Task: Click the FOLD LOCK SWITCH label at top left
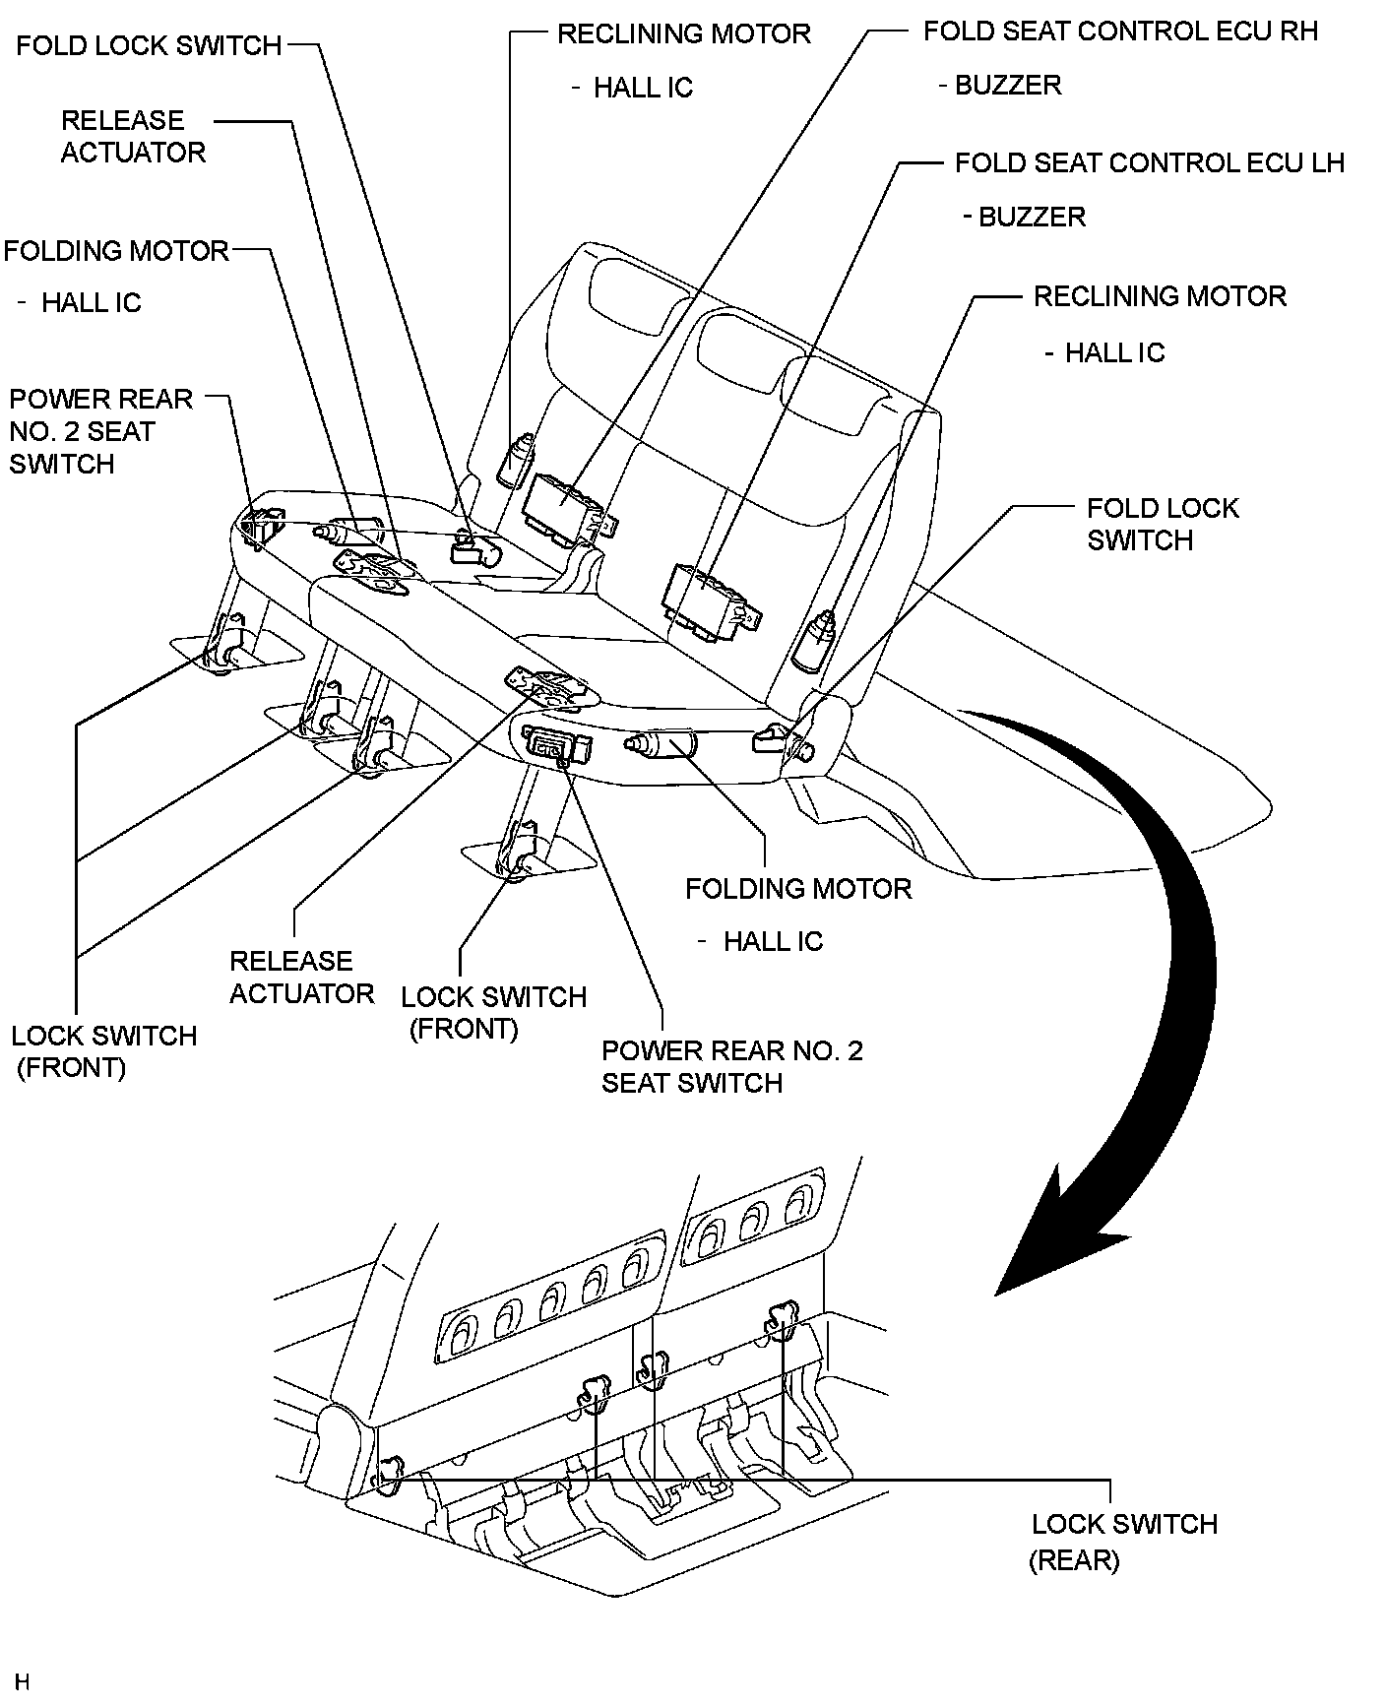[149, 45]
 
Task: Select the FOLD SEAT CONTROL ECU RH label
[1119, 32]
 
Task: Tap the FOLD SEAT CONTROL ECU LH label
[1149, 162]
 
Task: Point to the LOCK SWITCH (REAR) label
[1123, 1541]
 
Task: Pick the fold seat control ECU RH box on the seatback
[563, 505]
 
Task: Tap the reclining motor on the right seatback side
[816, 641]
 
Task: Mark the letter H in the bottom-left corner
[23, 1681]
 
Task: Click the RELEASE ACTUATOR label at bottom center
[301, 977]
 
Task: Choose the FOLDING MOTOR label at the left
[115, 251]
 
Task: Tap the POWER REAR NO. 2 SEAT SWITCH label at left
[100, 431]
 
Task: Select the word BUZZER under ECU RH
[1008, 86]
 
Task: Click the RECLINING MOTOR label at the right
[1159, 296]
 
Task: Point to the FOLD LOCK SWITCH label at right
[1162, 524]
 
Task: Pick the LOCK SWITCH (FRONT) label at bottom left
[103, 1051]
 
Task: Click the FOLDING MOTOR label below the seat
[797, 889]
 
